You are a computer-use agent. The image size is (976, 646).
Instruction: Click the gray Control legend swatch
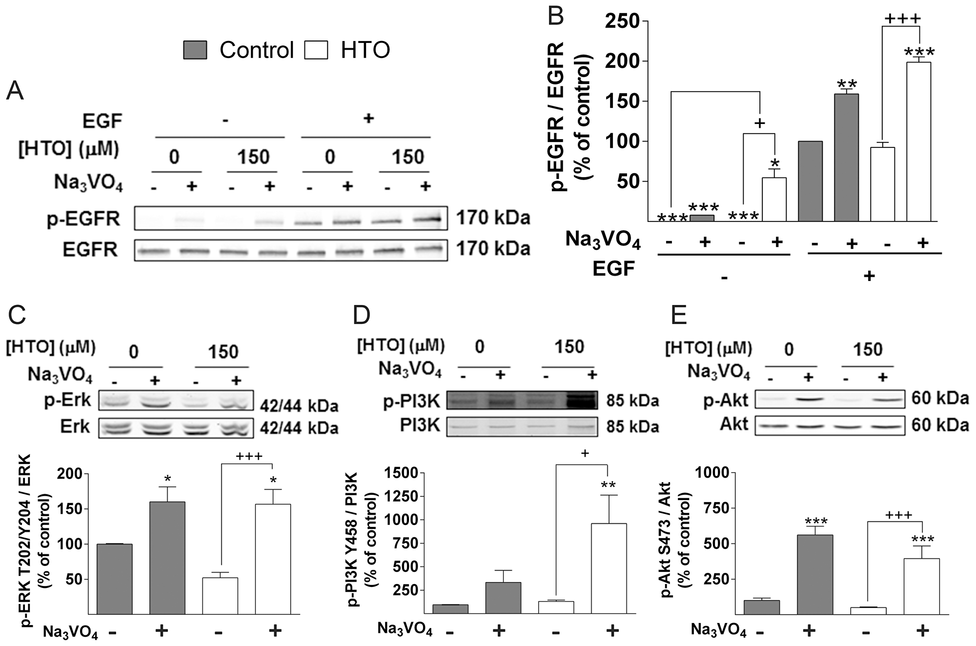pos(195,50)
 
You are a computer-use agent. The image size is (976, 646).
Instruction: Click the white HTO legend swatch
pos(316,50)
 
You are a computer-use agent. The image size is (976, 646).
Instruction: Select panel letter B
pos(556,16)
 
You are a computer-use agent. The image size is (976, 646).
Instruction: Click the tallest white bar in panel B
pos(918,141)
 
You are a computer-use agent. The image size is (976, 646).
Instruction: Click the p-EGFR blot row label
pos(83,219)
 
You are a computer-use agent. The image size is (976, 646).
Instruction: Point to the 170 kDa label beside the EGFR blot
pos(493,249)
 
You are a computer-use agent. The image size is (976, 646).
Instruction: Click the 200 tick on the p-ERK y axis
pos(69,473)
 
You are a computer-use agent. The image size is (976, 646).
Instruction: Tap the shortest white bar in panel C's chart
pos(220,596)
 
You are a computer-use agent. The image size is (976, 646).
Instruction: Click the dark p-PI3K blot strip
pos(522,400)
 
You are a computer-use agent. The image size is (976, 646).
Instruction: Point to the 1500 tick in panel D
pos(401,473)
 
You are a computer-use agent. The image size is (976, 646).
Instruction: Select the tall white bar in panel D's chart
pos(609,568)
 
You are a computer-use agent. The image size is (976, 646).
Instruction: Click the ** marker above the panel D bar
pos(608,485)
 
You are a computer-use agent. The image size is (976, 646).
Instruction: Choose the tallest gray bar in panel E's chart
pos(814,574)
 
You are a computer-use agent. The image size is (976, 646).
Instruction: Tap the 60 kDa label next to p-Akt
pos(940,399)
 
